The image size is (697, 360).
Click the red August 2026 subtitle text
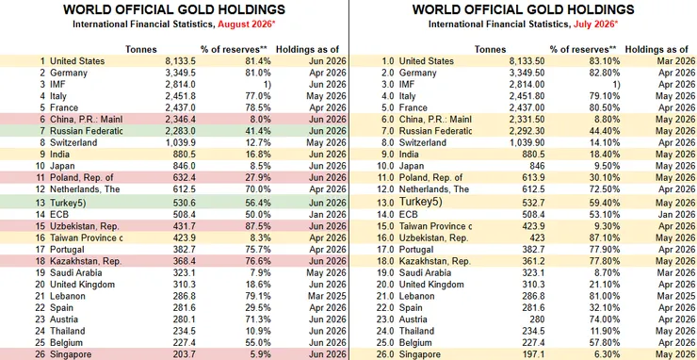click(x=244, y=24)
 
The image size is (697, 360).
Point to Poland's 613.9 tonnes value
click(x=534, y=177)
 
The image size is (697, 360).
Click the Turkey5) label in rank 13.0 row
click(x=420, y=202)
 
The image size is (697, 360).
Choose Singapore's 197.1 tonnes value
click(x=534, y=354)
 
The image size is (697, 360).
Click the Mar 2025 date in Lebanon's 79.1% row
click(x=328, y=296)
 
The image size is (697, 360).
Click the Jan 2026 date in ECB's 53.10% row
click(x=678, y=215)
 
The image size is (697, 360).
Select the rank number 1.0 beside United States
click(x=388, y=61)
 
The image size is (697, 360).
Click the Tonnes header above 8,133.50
click(x=491, y=49)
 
